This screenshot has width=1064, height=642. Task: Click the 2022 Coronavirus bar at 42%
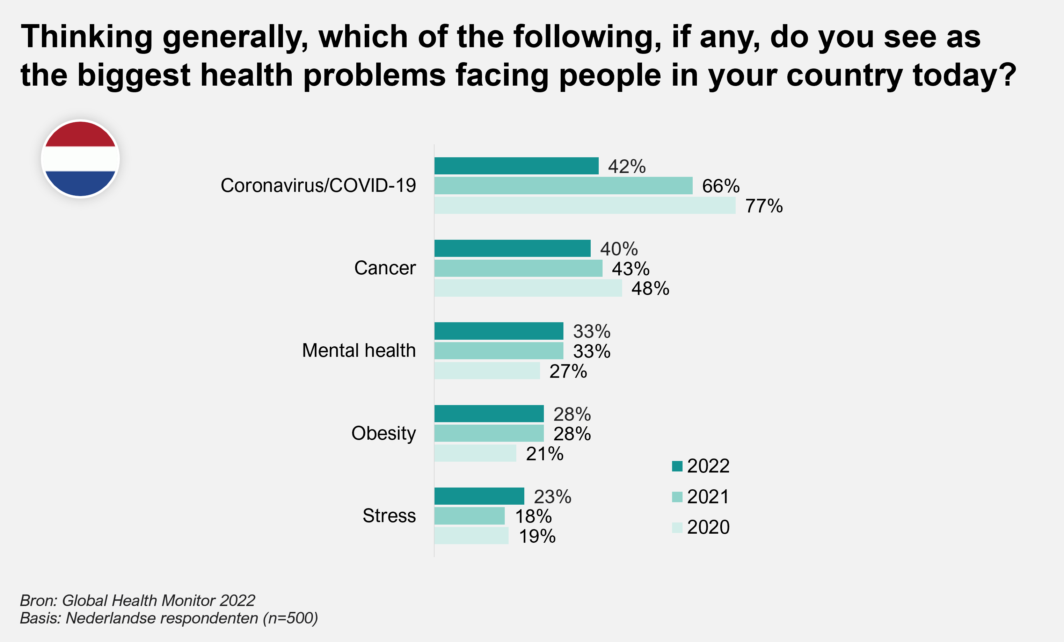point(516,166)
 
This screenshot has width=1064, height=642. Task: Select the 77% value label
point(764,206)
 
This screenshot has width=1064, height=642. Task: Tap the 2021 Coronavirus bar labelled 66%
point(563,186)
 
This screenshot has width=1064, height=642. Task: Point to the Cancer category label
point(384,268)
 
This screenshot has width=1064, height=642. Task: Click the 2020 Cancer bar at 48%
point(528,288)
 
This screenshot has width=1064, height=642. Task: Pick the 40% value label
point(618,249)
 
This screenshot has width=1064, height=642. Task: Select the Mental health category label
point(358,351)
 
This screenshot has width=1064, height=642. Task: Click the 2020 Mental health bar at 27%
point(487,371)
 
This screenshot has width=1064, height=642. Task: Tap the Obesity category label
point(383,433)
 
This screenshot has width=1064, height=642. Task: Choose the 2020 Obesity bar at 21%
point(475,453)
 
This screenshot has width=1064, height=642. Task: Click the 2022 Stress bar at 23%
point(479,496)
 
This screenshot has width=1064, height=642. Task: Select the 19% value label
point(537,536)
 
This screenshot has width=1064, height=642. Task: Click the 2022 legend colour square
point(677,466)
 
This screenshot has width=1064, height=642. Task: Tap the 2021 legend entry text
point(708,497)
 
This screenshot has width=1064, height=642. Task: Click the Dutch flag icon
point(80,159)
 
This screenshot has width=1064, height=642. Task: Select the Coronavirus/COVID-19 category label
point(318,185)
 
